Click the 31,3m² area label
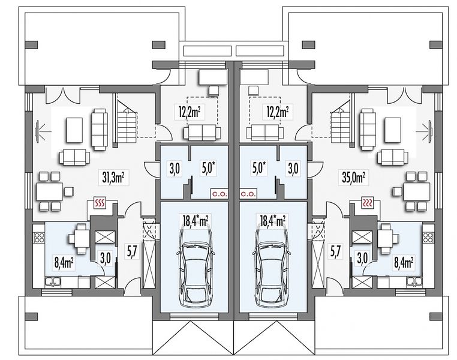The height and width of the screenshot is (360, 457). [115, 178]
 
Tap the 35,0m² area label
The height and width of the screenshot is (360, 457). [354, 178]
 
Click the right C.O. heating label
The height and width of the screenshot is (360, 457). [249, 193]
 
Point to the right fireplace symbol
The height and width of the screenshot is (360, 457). [368, 203]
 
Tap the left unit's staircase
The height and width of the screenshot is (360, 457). [127, 122]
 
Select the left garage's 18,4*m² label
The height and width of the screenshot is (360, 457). [195, 221]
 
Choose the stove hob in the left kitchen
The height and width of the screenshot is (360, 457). [39, 237]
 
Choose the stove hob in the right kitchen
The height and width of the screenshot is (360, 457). [429, 237]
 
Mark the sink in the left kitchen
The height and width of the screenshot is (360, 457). [53, 282]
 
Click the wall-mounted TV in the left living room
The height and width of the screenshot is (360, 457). [37, 133]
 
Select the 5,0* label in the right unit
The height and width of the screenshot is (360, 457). [260, 169]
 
